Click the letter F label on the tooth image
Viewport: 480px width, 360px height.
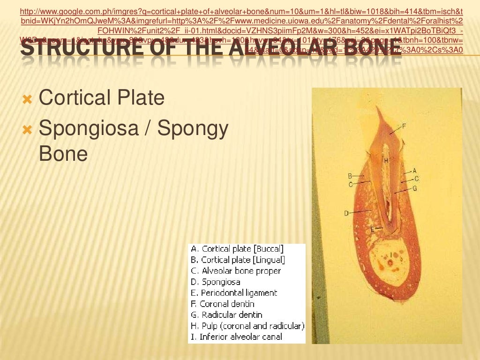click(404, 126)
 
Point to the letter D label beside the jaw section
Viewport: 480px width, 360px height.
click(346, 213)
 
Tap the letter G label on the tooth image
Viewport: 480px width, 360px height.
click(415, 188)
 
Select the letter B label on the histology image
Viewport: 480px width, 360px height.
click(350, 176)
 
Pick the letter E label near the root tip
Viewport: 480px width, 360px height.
click(373, 229)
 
